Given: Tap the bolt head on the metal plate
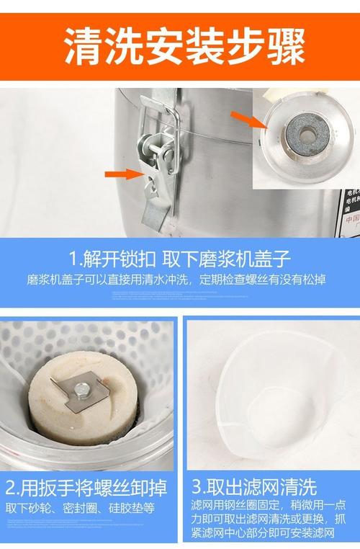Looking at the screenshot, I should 81,390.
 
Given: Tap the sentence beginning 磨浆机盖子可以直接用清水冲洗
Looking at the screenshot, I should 176,279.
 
